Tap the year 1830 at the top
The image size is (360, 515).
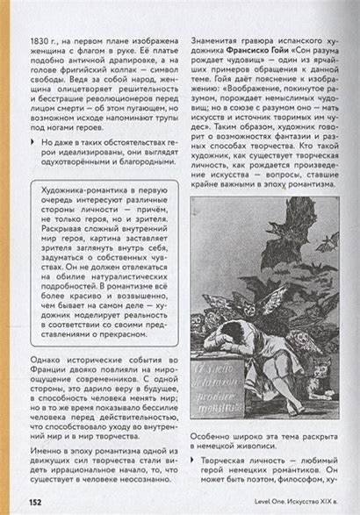tap(40, 41)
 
